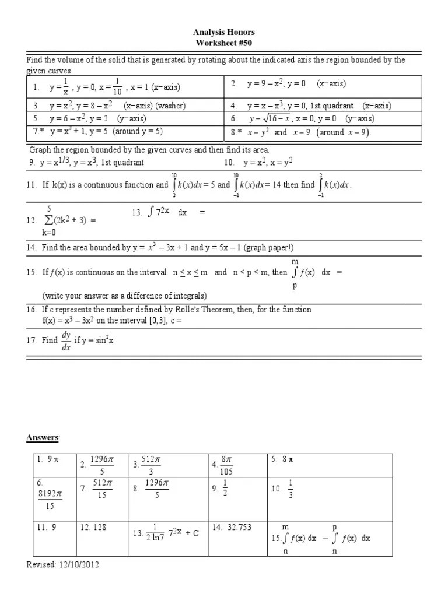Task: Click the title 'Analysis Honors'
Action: point(224,33)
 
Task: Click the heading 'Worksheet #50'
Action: point(224,43)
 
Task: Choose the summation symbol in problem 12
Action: point(49,220)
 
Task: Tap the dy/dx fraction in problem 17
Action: point(65,340)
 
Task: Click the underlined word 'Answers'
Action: point(43,438)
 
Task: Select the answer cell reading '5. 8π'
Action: point(282,460)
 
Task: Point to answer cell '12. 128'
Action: point(94,527)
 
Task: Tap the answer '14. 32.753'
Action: point(232,527)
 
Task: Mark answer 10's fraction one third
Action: point(290,488)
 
